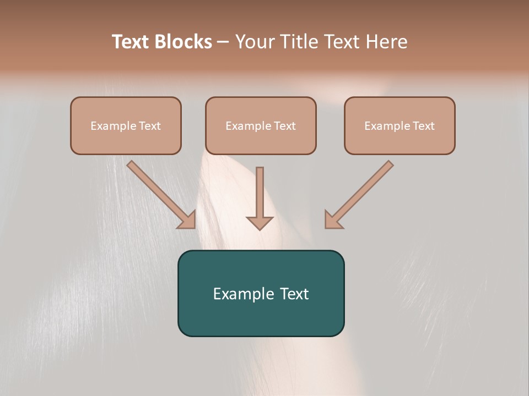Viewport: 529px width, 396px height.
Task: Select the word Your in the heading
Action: tap(254, 42)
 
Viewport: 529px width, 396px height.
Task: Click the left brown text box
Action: tap(126, 125)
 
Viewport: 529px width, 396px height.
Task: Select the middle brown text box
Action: tap(261, 125)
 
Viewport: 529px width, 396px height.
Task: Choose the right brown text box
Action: tap(400, 125)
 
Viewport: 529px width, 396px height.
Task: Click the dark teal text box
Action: tap(261, 293)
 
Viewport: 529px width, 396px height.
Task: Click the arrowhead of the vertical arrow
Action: tap(260, 223)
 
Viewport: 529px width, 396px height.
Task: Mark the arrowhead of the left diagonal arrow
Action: tap(188, 221)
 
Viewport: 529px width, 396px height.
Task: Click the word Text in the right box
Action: tap(423, 126)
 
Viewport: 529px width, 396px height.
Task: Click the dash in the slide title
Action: tap(224, 42)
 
